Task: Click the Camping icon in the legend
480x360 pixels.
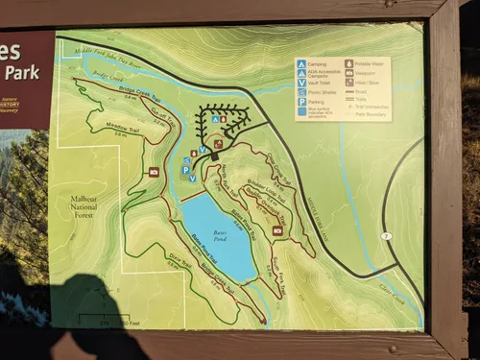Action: pyautogui.click(x=302, y=63)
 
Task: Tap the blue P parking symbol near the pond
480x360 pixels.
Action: pyautogui.click(x=185, y=169)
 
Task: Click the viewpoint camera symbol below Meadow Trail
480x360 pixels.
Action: pyautogui.click(x=154, y=171)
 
